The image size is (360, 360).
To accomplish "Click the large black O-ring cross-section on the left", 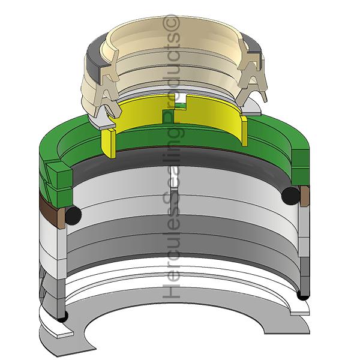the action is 73,215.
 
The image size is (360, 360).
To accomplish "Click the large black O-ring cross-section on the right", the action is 290,196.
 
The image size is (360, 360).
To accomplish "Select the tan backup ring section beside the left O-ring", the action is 61,218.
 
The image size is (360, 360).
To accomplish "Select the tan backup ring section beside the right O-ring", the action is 305,196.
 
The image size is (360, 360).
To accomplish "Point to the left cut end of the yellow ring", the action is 109,143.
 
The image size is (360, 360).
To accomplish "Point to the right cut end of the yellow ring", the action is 244,130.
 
